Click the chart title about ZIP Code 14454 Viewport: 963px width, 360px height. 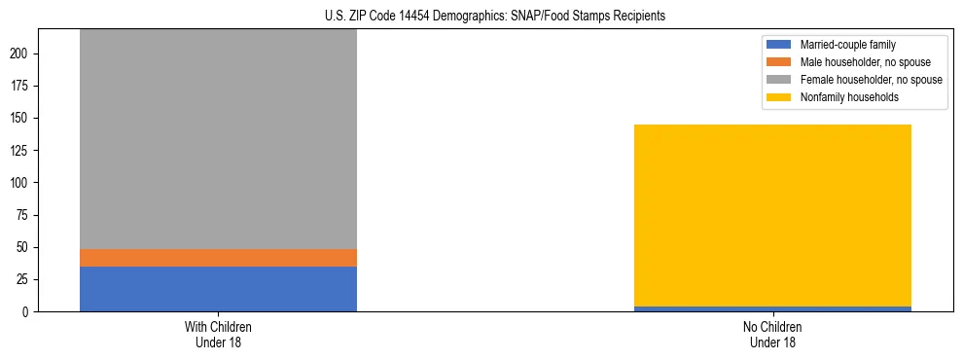(496, 17)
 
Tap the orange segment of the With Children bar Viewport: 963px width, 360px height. (218, 258)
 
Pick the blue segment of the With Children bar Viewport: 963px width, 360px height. (218, 289)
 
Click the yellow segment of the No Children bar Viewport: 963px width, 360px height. (772, 215)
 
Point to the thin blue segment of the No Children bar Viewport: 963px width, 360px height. (772, 308)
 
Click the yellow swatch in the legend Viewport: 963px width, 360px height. (779, 97)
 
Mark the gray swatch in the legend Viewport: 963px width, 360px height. (779, 80)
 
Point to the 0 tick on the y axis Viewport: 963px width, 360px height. (28, 312)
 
